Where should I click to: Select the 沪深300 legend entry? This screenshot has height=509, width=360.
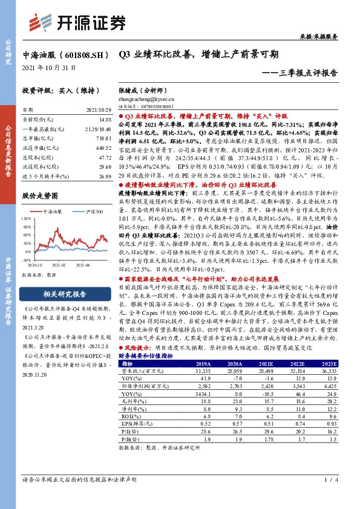[x=91, y=211]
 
